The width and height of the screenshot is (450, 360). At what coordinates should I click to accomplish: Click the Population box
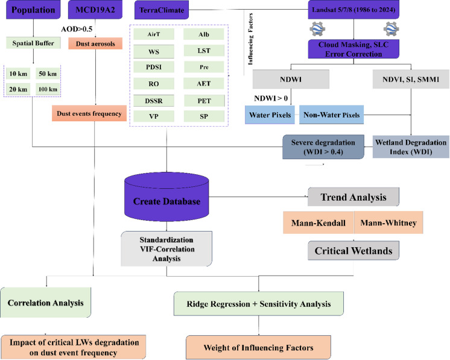33,10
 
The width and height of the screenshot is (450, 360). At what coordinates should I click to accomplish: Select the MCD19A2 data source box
95,10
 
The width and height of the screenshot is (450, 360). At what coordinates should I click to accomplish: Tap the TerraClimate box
162,10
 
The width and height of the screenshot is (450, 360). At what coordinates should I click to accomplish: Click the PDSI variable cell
154,67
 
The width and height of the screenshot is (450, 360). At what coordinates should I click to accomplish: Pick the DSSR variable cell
154,101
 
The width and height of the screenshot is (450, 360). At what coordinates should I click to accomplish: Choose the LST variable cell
204,51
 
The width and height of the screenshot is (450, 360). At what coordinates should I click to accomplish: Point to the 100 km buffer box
48,89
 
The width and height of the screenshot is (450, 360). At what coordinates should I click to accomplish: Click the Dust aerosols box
95,43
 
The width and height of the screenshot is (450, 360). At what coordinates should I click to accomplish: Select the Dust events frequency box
89,113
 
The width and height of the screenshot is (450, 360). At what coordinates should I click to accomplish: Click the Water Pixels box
270,115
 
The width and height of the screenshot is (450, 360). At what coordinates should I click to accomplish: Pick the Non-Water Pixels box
332,115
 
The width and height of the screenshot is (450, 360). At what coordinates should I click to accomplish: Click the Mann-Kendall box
318,223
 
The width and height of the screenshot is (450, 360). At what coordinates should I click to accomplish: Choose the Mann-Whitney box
388,223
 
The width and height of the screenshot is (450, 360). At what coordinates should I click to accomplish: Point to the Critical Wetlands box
353,251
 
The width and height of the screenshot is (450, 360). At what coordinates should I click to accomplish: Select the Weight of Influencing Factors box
258,348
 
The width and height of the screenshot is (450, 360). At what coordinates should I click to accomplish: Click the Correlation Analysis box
46,303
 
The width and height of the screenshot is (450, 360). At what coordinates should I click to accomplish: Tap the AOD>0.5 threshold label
77,29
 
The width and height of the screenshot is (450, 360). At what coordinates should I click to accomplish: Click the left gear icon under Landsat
317,29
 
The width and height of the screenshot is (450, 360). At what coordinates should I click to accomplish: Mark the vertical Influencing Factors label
250,39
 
